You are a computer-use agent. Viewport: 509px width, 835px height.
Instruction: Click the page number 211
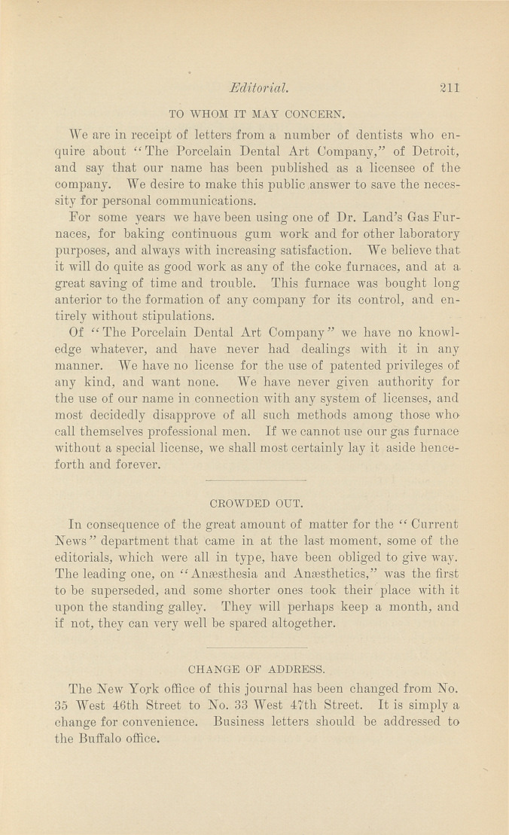[x=449, y=87]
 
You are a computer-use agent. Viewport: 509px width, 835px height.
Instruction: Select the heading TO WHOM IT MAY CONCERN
[x=257, y=115]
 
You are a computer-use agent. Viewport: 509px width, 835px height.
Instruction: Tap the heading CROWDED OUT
[x=256, y=503]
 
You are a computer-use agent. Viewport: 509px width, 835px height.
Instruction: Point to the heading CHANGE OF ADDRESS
[x=256, y=667]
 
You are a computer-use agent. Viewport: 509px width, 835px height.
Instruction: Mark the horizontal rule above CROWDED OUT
[x=255, y=480]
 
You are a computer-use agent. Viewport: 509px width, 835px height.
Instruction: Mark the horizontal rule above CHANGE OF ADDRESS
[x=255, y=647]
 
